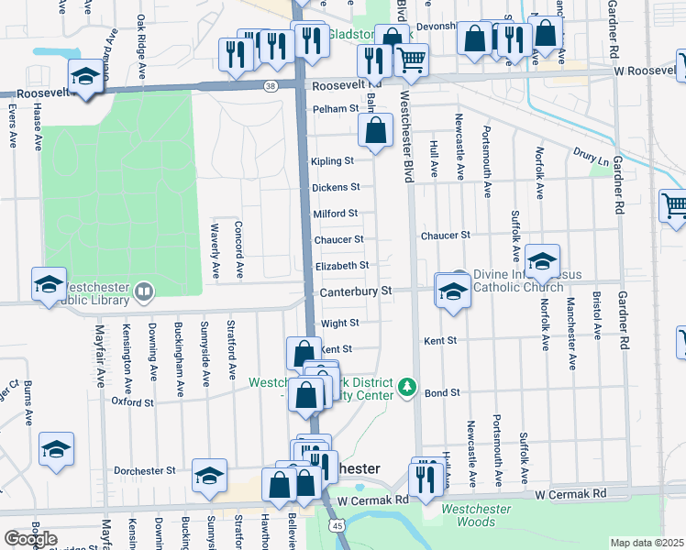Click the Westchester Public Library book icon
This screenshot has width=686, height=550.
(x=143, y=292)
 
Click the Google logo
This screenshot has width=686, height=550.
(x=30, y=539)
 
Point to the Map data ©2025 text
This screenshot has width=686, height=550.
(x=647, y=543)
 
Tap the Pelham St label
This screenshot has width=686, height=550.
(x=335, y=108)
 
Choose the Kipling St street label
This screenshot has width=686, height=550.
(x=332, y=161)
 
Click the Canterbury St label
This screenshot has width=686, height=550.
(x=356, y=291)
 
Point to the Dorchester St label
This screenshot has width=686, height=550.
(x=144, y=471)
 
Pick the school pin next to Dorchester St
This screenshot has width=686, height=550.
(x=209, y=475)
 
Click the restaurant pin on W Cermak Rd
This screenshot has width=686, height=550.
(x=425, y=478)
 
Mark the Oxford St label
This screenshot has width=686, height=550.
(x=133, y=401)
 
